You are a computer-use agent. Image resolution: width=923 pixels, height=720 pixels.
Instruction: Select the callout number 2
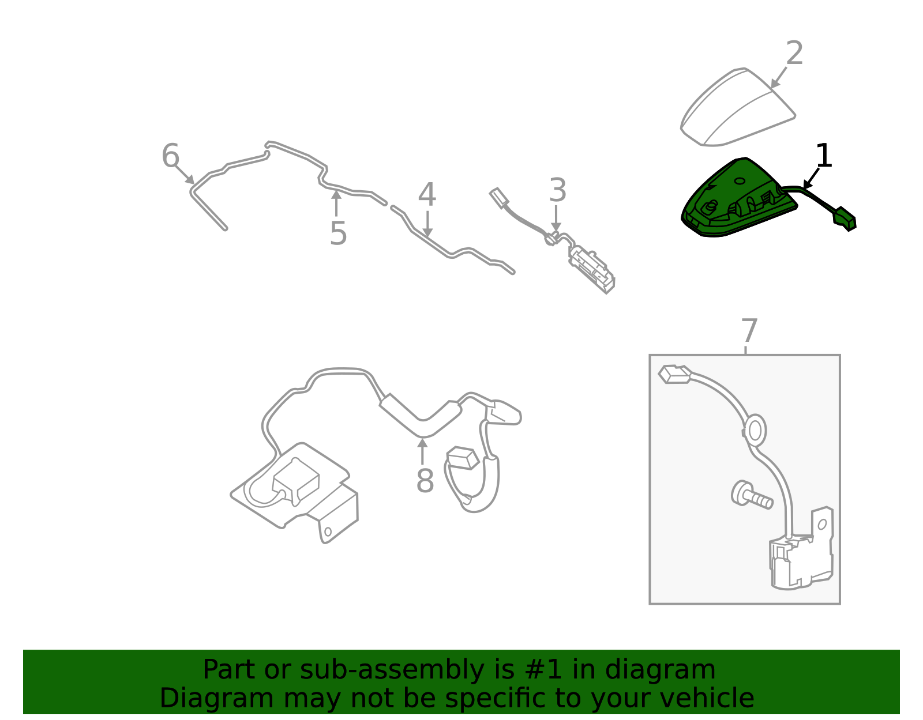(x=794, y=54)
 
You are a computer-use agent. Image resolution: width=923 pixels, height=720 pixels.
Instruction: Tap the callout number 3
(x=557, y=190)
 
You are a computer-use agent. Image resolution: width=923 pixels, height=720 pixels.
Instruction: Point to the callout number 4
(x=427, y=195)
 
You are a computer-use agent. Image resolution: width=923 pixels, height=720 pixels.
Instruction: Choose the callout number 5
(x=338, y=233)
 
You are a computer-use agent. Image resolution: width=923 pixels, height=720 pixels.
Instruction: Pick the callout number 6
(x=170, y=156)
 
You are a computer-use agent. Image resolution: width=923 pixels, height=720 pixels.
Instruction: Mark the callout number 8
(x=425, y=481)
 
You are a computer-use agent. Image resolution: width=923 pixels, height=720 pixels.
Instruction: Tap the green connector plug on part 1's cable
(x=845, y=218)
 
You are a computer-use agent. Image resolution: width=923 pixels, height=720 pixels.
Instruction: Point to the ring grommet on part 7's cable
(x=755, y=430)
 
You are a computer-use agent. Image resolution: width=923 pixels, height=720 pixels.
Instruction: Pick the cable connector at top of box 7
(x=674, y=375)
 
